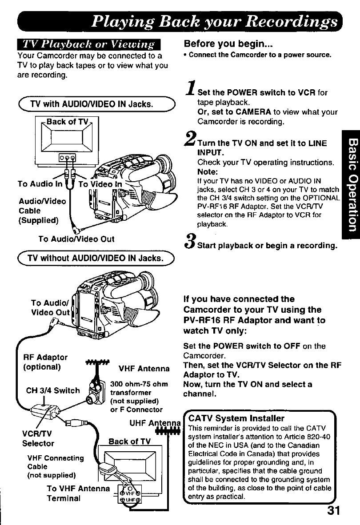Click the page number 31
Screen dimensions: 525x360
point(333,509)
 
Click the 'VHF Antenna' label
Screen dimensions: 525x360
point(144,368)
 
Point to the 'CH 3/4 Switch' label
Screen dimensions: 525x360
point(53,391)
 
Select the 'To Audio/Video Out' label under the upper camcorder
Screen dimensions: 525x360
point(76,239)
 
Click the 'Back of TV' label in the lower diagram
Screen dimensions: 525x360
point(130,441)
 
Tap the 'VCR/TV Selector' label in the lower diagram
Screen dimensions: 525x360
point(38,439)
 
